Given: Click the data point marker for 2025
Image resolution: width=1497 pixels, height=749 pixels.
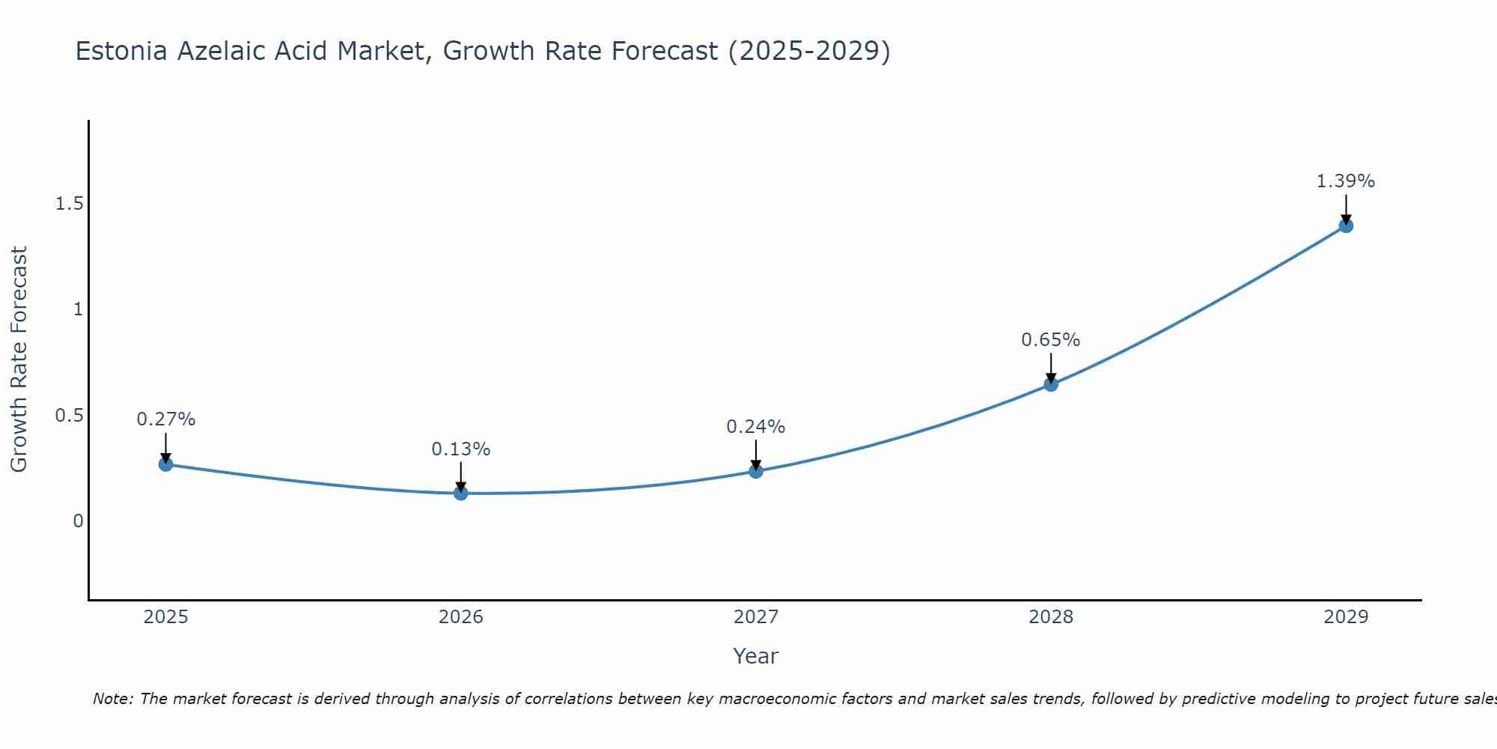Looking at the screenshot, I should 166,464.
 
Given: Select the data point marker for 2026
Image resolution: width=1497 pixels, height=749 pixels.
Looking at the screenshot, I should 461,493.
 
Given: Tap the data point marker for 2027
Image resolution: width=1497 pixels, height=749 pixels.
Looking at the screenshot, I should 756,471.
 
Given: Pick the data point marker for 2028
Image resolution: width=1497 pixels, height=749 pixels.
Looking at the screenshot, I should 1051,384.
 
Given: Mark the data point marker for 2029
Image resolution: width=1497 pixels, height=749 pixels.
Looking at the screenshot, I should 1346,225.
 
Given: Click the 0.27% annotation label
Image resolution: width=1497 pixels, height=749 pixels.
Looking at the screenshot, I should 166,419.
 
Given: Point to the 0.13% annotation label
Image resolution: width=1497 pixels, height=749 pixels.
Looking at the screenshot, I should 461,449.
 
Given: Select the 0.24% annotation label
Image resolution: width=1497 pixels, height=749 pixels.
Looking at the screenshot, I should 756,427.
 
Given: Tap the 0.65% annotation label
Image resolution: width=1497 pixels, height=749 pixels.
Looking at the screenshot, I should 1051,340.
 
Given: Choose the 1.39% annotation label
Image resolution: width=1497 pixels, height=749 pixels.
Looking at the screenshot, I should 1346,181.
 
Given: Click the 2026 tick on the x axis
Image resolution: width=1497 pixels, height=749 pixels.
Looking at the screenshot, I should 461,617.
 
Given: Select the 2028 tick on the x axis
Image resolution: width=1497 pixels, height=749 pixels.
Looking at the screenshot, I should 1051,617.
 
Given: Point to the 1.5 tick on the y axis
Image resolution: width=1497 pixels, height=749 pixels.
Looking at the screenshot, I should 69,204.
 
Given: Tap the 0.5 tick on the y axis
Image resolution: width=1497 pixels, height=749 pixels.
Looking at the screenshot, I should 69,415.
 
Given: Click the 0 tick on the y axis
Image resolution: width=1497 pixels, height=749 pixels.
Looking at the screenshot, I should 78,521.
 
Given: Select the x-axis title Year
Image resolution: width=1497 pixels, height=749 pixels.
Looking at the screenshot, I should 756,656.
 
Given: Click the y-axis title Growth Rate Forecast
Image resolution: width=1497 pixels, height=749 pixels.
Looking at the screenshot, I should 19,360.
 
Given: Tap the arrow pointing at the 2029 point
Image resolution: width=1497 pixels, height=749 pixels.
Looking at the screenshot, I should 1346,208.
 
